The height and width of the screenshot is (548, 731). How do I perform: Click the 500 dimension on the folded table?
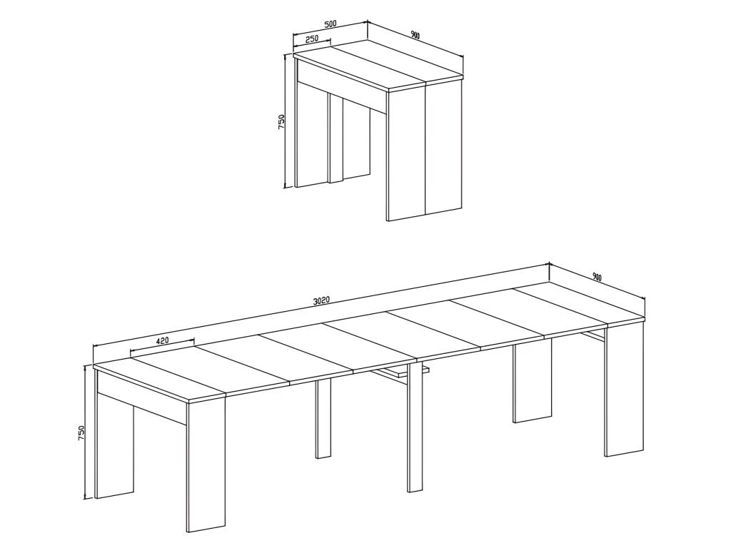[x=330, y=24]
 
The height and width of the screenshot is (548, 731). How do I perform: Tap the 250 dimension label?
[x=312, y=39]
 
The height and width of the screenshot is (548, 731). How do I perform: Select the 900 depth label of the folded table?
[x=415, y=35]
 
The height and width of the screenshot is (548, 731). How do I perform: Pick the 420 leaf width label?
[x=162, y=341]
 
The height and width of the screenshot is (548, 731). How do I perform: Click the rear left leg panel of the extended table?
[x=114, y=450]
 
